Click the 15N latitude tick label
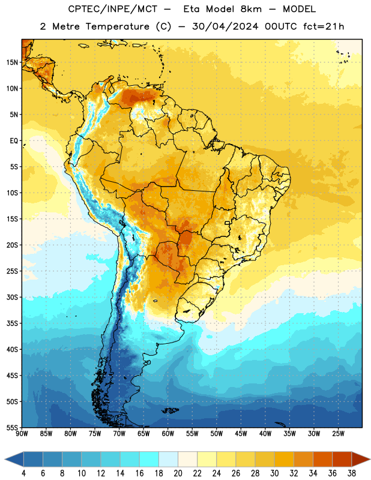pyautogui.click(x=12, y=62)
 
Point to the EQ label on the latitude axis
pyautogui.click(x=14, y=141)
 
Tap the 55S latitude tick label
pyautogui.click(x=12, y=427)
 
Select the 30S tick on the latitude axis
pyautogui.click(x=12, y=297)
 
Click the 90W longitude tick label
pyautogui.click(x=22, y=434)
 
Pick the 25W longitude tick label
pyautogui.click(x=338, y=434)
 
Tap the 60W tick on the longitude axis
pyautogui.click(x=167, y=434)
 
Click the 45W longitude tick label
pyautogui.click(x=241, y=434)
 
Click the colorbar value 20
pyautogui.click(x=178, y=473)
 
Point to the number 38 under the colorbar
pyautogui.click(x=352, y=473)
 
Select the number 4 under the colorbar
pyautogui.click(x=23, y=473)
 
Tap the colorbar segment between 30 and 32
pyautogui.click(x=284, y=459)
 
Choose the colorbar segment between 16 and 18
pyautogui.click(x=149, y=459)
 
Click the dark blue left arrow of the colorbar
pyautogui.click(x=14, y=459)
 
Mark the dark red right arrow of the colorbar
pyautogui.click(x=361, y=459)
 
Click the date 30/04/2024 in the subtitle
pyautogui.click(x=225, y=26)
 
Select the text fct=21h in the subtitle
pyautogui.click(x=324, y=26)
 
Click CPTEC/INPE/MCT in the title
pyautogui.click(x=113, y=9)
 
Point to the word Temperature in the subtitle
pyautogui.click(x=117, y=26)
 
